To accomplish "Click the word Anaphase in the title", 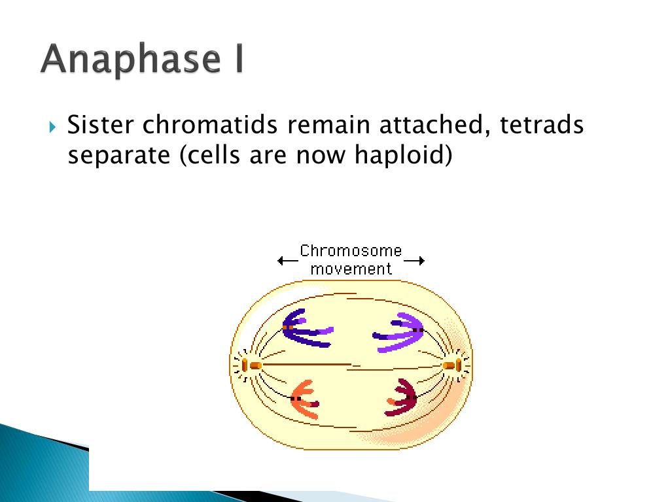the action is point(131,59).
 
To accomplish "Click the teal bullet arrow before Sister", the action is point(52,127).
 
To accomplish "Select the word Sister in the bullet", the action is point(101,125).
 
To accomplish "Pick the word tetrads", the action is point(542,125).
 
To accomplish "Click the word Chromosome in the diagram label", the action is point(351,250).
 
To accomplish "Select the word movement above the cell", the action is point(351,269).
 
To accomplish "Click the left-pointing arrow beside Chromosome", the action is point(288,260).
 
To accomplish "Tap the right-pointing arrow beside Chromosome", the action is point(414,260).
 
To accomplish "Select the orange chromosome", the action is point(304,399).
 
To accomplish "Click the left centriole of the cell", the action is point(251,365).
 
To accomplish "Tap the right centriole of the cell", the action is point(453,365).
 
